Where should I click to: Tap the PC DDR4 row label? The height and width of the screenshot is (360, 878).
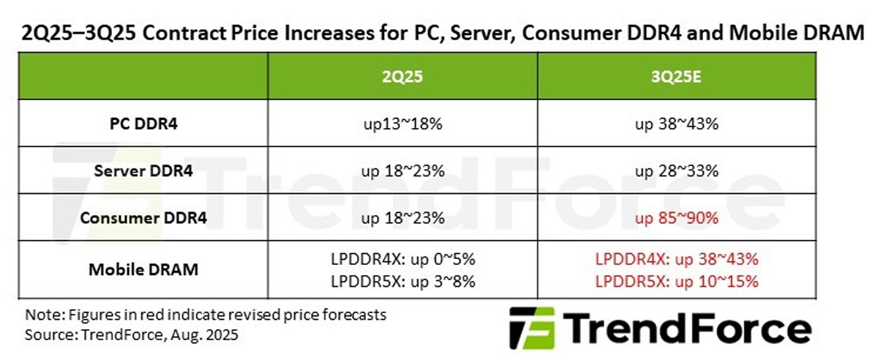[139, 124]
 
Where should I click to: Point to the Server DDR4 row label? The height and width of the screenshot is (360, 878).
[139, 171]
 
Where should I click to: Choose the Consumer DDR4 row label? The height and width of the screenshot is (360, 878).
[139, 218]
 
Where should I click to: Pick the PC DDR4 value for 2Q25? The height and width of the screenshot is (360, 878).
[402, 124]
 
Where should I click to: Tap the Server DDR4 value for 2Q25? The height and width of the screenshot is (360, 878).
[402, 171]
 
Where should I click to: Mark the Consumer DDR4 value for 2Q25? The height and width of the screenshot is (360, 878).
[402, 218]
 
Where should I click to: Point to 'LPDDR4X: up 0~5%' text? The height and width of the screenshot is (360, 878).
[402, 259]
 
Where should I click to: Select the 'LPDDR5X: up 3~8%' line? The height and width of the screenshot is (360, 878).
[402, 280]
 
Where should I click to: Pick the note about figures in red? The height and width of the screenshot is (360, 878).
[206, 316]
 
